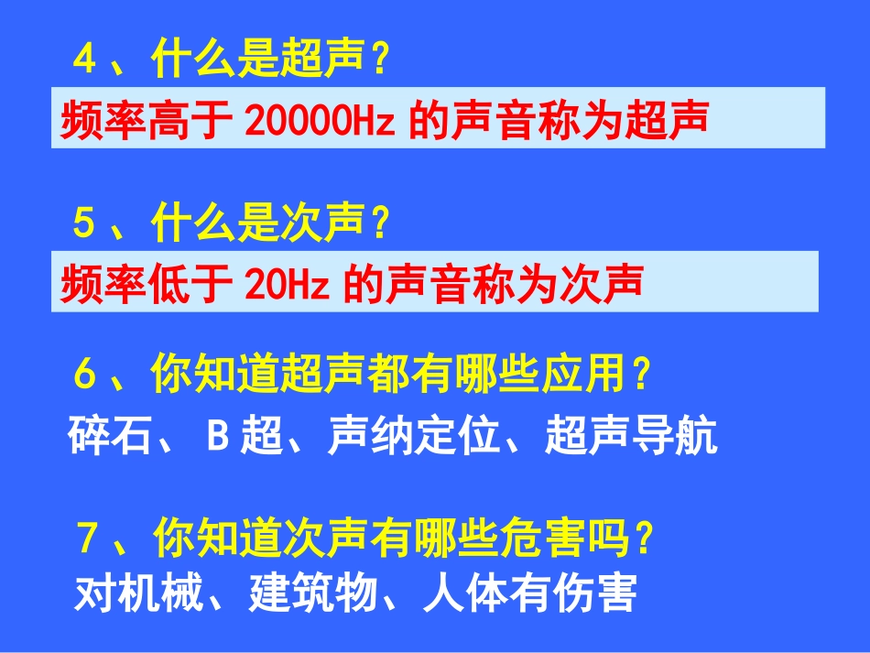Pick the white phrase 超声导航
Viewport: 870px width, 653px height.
pyautogui.click(x=630, y=438)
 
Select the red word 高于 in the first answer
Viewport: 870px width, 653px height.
pyautogui.click(x=192, y=119)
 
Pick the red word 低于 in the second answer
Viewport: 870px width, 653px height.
pyautogui.click(x=192, y=284)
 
